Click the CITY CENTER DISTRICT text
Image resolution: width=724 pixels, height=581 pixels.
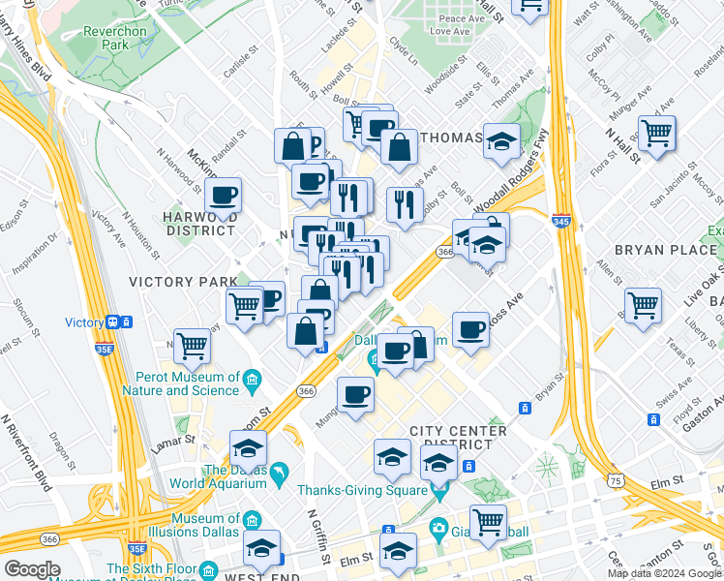[x=458, y=437]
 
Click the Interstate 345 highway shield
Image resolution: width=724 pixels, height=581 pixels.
[x=560, y=222]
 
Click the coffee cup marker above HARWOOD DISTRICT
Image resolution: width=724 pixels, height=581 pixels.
[x=224, y=194]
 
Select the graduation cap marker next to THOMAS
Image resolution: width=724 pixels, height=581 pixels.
[x=501, y=140]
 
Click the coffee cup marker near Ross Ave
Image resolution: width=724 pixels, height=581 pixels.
[x=470, y=329]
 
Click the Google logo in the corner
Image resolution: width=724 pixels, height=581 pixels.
[x=32, y=569]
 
